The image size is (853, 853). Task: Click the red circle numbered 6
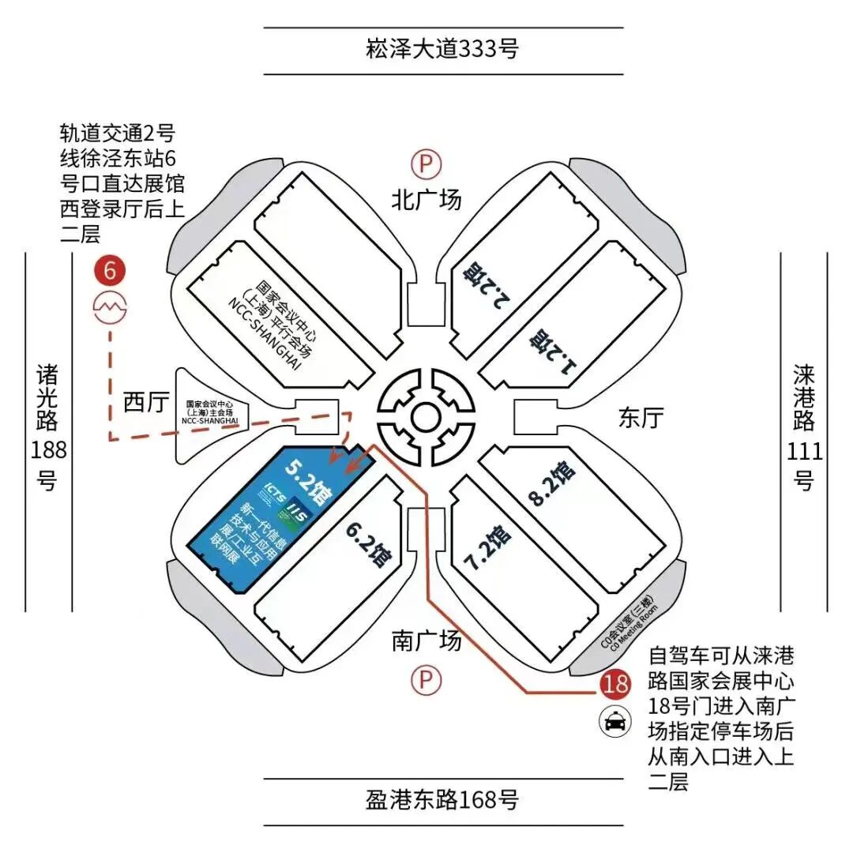point(110,270)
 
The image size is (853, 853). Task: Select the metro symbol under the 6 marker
point(110,306)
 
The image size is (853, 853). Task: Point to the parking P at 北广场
point(426,164)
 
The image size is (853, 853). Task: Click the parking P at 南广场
point(426,679)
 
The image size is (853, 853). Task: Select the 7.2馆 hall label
point(487,546)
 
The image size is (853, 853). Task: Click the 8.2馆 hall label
point(551,484)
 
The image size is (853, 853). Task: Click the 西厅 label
point(146,403)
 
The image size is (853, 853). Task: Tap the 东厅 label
point(641,416)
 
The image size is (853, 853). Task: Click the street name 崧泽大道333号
point(443,50)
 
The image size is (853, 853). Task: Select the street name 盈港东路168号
point(443,799)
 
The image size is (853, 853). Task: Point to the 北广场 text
point(426,200)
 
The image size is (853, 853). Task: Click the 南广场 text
point(426,641)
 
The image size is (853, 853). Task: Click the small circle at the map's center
point(426,416)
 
